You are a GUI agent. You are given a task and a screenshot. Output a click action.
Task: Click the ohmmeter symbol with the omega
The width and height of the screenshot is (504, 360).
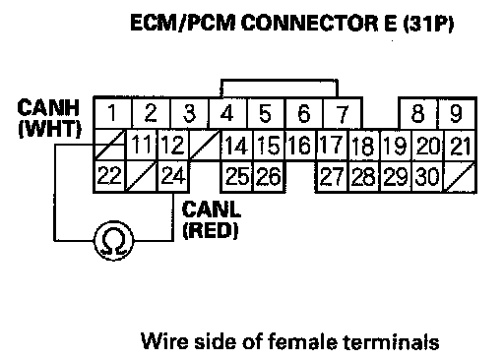[x=114, y=240]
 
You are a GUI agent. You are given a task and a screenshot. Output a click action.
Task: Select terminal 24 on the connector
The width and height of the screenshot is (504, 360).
[x=173, y=176]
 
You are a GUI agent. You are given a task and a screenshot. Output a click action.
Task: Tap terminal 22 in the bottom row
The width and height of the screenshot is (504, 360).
[x=109, y=176]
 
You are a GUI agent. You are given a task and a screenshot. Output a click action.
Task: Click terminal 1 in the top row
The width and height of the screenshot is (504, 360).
[x=112, y=113]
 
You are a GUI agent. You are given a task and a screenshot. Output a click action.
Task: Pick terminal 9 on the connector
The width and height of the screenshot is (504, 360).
[x=457, y=113]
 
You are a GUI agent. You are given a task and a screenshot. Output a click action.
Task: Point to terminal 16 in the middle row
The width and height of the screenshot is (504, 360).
[x=300, y=146]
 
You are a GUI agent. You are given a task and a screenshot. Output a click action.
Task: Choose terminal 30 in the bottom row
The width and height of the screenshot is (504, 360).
[x=427, y=176]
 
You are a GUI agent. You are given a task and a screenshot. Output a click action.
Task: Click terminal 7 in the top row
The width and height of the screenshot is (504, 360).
[x=343, y=113]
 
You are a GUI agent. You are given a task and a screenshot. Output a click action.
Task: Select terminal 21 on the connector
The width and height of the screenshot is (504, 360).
[x=460, y=146]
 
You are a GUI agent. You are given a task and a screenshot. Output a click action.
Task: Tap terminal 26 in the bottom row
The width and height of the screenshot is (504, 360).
[x=269, y=176]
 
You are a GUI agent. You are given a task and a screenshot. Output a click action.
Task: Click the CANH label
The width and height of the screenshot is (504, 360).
[x=48, y=107]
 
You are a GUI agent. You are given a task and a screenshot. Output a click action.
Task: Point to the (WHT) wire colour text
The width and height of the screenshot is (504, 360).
[x=49, y=129]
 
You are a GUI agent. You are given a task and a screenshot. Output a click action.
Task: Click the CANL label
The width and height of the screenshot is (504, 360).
[x=212, y=210]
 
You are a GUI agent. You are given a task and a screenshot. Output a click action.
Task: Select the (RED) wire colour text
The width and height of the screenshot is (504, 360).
[x=210, y=230]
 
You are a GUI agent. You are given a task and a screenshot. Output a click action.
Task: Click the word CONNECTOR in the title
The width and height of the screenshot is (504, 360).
[x=309, y=23]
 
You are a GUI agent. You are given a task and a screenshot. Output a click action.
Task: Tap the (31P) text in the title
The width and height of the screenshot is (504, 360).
[x=428, y=24]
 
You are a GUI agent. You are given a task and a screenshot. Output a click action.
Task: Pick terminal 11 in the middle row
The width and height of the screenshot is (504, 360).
[x=142, y=146]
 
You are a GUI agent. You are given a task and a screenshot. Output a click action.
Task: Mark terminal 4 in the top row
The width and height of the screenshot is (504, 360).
[x=227, y=113]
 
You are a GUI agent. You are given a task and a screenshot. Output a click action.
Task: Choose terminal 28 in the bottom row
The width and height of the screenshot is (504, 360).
[x=363, y=176]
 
